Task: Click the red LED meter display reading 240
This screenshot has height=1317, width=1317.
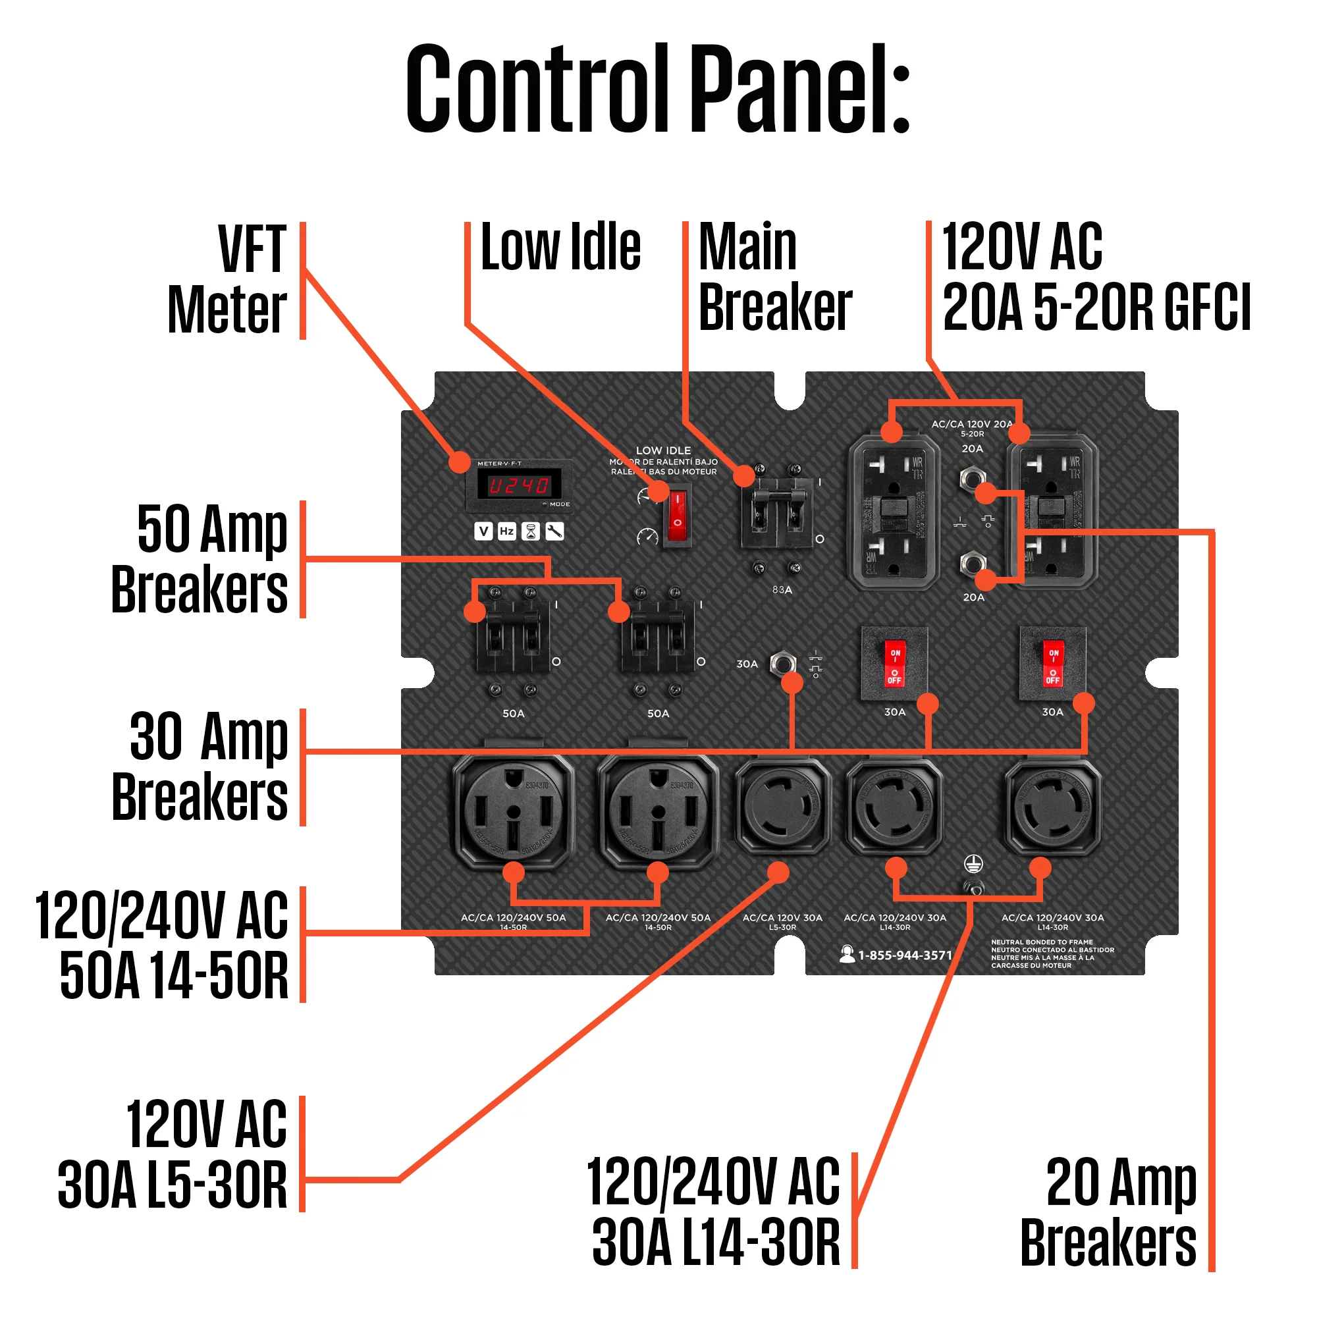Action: pyautogui.click(x=520, y=485)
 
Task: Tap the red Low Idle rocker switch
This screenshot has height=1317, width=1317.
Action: pyautogui.click(x=677, y=516)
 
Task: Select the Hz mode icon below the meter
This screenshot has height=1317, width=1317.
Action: pyautogui.click(x=506, y=531)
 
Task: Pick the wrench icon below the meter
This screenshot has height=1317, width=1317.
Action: pyautogui.click(x=554, y=531)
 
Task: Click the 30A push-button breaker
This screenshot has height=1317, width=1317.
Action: pyautogui.click(x=782, y=663)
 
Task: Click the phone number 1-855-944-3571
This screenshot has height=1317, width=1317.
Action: pyautogui.click(x=904, y=955)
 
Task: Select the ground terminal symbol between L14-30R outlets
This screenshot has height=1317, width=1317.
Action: pyautogui.click(x=973, y=865)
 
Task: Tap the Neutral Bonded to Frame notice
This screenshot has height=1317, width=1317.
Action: pyautogui.click(x=1052, y=954)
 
